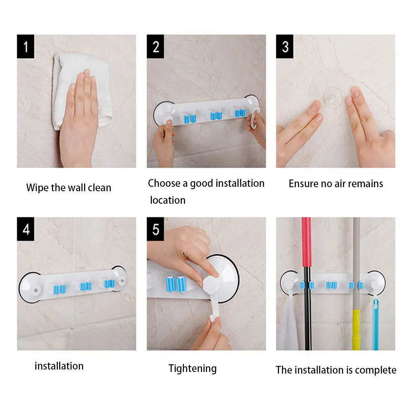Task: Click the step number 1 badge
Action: coord(25,46)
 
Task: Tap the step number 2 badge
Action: coord(155,46)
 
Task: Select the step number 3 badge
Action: coord(285,46)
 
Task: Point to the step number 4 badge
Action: coord(25,229)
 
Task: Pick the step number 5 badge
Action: coord(155,229)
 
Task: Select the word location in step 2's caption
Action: coord(168,200)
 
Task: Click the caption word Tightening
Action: coord(192,368)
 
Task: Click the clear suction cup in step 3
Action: coord(333,97)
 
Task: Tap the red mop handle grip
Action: coord(306,242)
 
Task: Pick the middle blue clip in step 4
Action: coord(86,286)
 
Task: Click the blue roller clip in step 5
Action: coord(176,284)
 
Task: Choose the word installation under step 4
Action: coord(59,366)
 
